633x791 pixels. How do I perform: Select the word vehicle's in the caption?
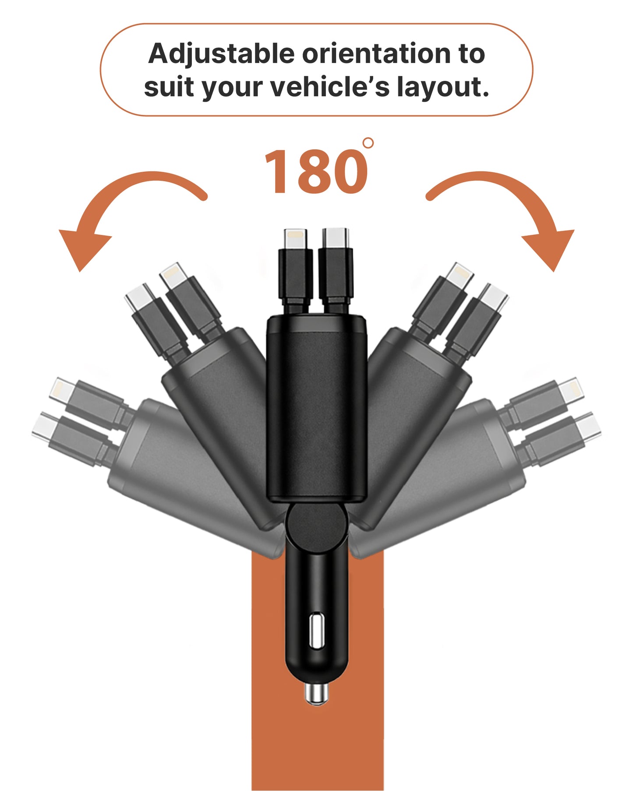point(329,87)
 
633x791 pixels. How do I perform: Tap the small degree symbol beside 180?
point(368,143)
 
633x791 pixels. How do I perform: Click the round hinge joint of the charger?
point(316,524)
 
